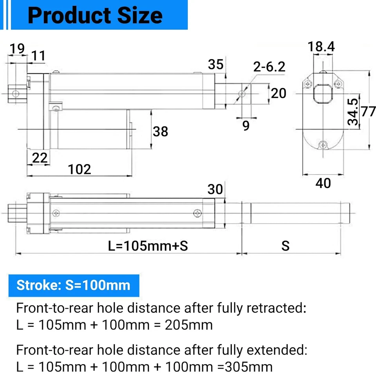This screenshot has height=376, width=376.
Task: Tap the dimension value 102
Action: point(80,169)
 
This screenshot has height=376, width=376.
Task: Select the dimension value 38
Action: point(160,131)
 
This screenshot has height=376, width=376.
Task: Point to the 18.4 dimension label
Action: point(321,47)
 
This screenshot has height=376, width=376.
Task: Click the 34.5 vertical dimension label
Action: point(353,112)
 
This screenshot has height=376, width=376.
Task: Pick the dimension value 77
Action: point(368,112)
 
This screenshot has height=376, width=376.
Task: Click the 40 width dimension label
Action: point(323,183)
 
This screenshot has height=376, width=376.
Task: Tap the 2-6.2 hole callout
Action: point(269,67)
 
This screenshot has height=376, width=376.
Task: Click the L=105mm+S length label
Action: point(148,246)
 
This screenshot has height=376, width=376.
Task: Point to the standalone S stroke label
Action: point(286,246)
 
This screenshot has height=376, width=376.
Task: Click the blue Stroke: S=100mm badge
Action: point(74,285)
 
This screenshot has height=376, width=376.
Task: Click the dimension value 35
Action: point(215,64)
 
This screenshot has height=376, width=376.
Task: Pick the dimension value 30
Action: point(215,189)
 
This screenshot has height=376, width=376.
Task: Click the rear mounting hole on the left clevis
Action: point(16,94)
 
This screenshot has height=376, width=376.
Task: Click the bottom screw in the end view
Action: point(322,145)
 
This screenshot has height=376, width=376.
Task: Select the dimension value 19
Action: point(17,49)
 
